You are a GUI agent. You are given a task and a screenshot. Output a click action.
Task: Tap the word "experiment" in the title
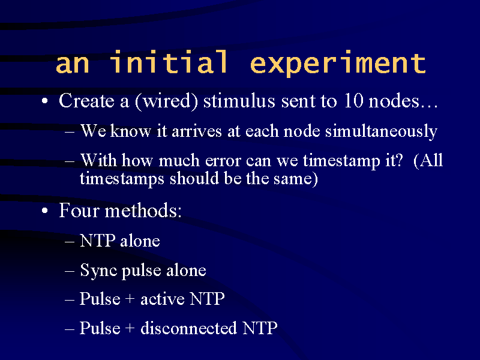(338, 64)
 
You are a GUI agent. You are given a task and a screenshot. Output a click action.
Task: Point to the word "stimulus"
(239, 100)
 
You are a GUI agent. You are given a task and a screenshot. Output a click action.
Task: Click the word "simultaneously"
(381, 131)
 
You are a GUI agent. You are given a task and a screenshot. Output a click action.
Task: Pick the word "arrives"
(197, 131)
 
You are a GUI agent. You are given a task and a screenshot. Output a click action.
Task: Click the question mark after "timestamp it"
(399, 160)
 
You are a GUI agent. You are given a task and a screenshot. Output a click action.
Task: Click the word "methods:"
(143, 211)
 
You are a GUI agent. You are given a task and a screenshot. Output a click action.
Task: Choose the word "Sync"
(98, 271)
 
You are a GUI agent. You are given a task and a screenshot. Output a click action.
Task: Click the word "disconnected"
(188, 328)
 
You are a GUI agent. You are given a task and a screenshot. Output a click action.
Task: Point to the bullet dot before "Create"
(44, 101)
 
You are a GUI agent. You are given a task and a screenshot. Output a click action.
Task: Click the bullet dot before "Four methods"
(44, 211)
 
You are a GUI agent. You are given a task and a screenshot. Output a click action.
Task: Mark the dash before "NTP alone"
(70, 242)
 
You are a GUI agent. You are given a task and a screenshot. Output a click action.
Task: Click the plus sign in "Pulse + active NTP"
(130, 299)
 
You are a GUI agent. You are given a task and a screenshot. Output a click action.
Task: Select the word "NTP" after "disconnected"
(260, 328)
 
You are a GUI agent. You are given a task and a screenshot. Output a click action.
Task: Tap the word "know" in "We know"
(130, 131)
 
